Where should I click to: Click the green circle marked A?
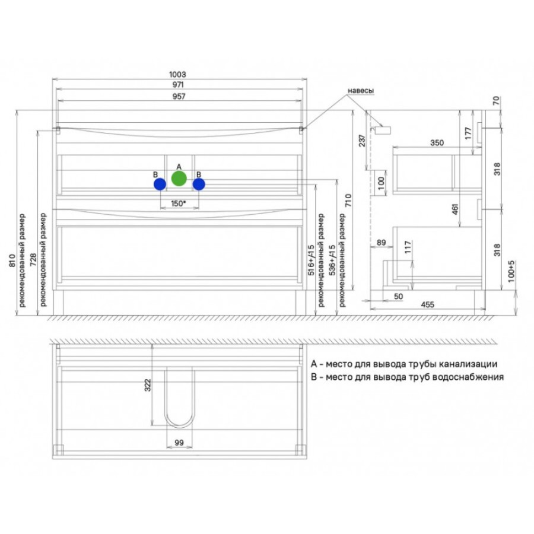pos(179,179)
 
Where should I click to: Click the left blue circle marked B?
pos(160,185)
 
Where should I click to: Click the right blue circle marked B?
pos(199,185)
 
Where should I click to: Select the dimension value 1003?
pos(178,74)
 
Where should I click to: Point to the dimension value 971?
pos(178,84)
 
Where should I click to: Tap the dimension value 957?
pos(179,96)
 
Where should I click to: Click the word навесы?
pos(361,91)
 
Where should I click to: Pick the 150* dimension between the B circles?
pos(179,204)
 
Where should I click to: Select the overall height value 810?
pos(12,260)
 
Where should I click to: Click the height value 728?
pos(33,259)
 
